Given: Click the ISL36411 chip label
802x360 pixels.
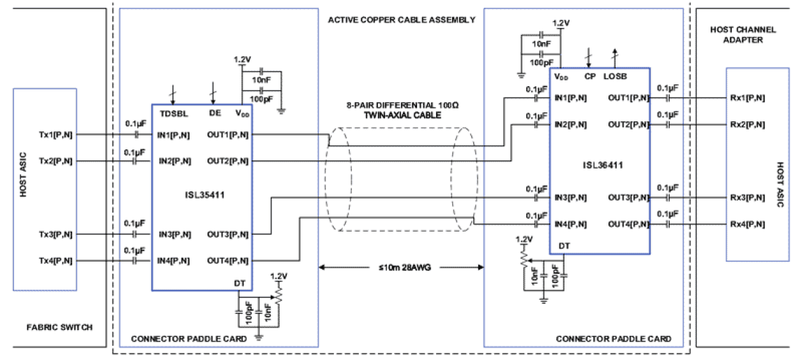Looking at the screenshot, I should click(x=600, y=165).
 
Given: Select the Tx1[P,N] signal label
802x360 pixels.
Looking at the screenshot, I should click(x=56, y=135).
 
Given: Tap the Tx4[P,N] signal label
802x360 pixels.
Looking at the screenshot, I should click(x=56, y=260).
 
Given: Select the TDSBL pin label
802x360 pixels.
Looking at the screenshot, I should click(x=172, y=113).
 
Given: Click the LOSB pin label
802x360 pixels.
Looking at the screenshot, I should click(x=615, y=76).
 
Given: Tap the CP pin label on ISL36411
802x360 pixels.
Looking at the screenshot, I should click(x=590, y=76).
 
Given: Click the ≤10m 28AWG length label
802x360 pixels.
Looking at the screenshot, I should click(x=400, y=267).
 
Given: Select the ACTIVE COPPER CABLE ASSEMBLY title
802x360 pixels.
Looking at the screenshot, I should click(x=401, y=20).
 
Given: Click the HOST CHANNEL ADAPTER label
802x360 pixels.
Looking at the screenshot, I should click(x=743, y=34).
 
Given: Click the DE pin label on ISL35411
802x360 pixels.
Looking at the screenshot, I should click(x=215, y=113).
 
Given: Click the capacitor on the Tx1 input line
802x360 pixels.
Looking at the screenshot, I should click(x=135, y=135).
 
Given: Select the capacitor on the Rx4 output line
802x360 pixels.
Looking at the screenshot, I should click(x=667, y=225).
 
